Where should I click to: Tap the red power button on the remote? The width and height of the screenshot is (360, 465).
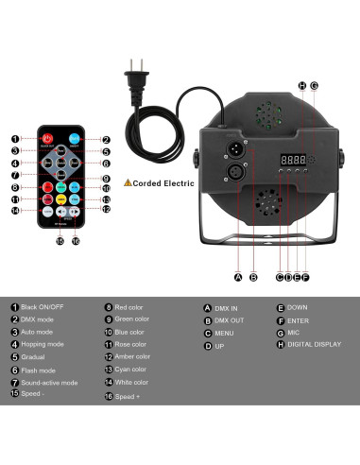pyautogui.click(x=48, y=140)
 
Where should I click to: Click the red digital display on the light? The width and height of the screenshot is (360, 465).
pyautogui.click(x=288, y=158)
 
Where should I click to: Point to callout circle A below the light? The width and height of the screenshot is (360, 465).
pyautogui.click(x=238, y=277)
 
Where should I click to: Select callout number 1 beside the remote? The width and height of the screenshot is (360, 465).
pyautogui.click(x=16, y=140)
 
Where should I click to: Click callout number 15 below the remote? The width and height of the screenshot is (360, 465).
pyautogui.click(x=60, y=241)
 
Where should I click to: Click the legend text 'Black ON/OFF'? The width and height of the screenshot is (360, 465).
pyautogui.click(x=42, y=307)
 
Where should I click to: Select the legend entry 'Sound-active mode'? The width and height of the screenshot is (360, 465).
pyautogui.click(x=48, y=383)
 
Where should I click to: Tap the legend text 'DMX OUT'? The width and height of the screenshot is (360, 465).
pyautogui.click(x=231, y=319)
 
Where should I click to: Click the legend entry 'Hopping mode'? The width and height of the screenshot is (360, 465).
pyautogui.click(x=42, y=345)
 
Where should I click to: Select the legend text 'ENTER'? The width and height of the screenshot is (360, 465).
pyautogui.click(x=300, y=319)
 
